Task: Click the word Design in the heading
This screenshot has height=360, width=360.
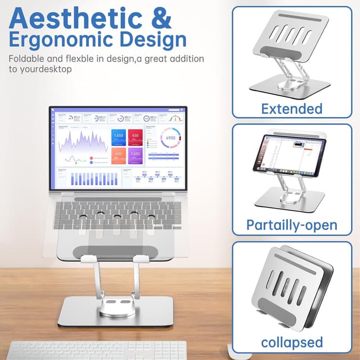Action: (x=152, y=39)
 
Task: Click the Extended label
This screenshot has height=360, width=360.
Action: (x=291, y=108)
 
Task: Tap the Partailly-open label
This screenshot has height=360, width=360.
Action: (x=291, y=225)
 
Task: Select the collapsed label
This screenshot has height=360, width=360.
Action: (x=291, y=341)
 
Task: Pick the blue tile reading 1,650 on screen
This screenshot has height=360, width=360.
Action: (x=119, y=137)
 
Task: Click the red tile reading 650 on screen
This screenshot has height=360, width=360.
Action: (x=135, y=137)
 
